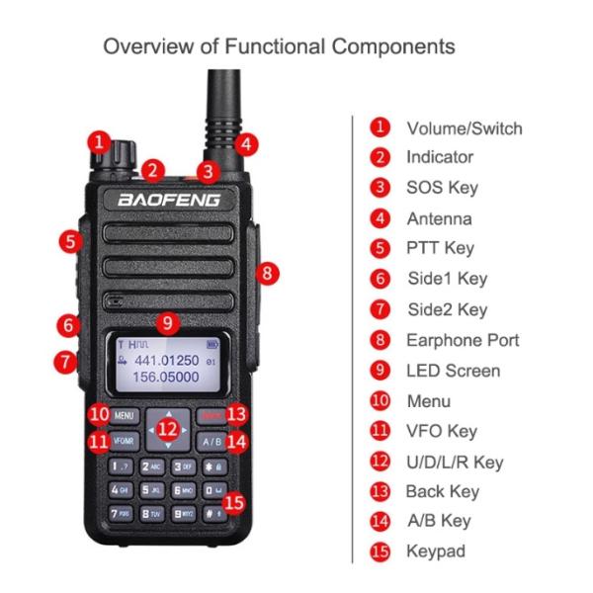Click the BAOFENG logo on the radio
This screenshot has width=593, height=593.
(170, 201)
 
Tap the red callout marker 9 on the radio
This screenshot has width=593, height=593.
(168, 321)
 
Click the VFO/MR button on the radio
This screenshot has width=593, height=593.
(124, 441)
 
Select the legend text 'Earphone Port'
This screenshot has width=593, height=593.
(463, 340)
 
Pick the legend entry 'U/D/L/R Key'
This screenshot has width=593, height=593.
(455, 462)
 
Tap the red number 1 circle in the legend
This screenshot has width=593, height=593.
(380, 127)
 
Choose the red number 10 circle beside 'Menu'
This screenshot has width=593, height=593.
(380, 401)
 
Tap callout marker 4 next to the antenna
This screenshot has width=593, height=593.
(249, 143)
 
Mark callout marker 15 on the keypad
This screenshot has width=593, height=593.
(233, 501)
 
